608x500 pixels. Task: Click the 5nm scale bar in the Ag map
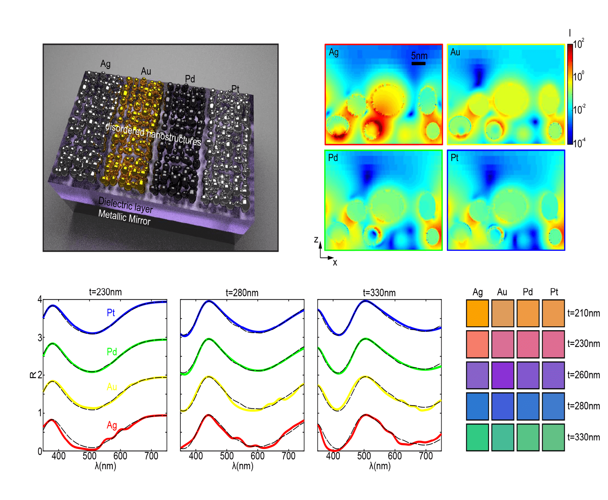[x=418, y=63]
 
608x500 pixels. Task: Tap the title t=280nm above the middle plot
[x=242, y=293]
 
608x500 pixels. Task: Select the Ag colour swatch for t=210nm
[x=477, y=313]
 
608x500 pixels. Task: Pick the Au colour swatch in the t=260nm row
[x=502, y=375]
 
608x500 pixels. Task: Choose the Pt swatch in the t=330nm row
[x=553, y=437]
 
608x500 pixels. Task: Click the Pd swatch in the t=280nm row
[x=528, y=406]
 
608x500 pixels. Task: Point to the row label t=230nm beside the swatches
[x=583, y=344]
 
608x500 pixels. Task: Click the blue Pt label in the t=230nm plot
[x=111, y=313]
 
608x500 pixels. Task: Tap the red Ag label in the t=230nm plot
[x=112, y=425]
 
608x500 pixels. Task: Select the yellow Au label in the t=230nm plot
[x=112, y=387]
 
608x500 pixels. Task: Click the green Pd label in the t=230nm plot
[x=112, y=352]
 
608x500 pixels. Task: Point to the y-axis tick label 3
[x=40, y=338]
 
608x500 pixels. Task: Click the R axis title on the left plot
[x=32, y=375]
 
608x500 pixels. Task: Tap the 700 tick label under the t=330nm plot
[x=426, y=456]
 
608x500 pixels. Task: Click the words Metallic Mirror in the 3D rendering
[x=124, y=218]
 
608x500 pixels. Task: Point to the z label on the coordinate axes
[x=316, y=240]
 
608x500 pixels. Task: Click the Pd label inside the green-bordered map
[x=333, y=158]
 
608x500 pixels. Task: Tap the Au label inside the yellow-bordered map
[x=455, y=52]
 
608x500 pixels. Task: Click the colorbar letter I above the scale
[x=570, y=33]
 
